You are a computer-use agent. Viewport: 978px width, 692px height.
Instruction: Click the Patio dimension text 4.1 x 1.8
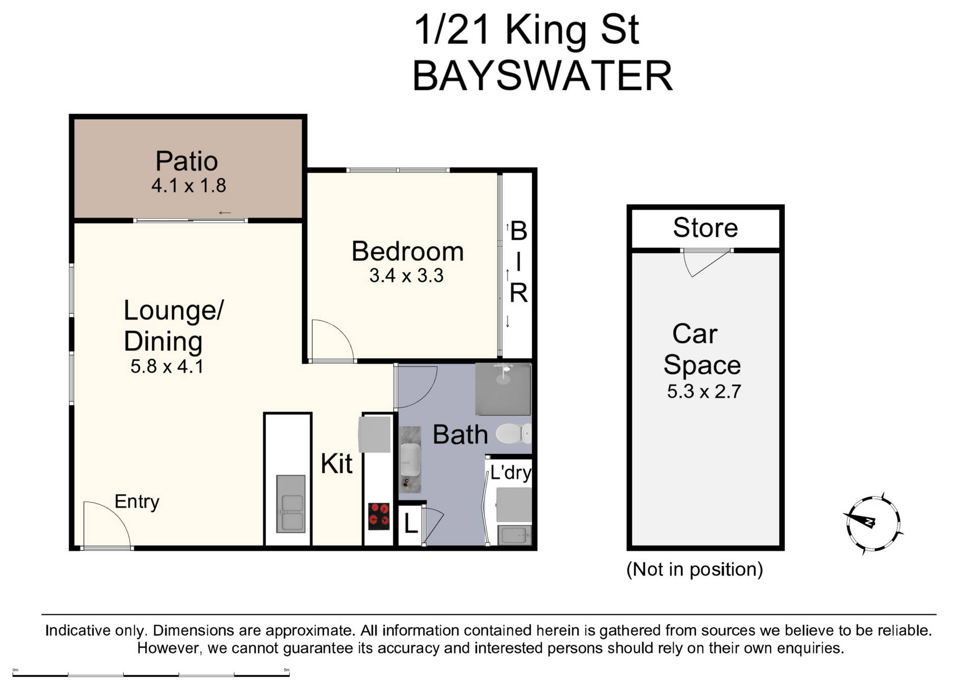pyautogui.click(x=188, y=185)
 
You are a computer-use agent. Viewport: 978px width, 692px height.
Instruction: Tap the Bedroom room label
pyautogui.click(x=407, y=251)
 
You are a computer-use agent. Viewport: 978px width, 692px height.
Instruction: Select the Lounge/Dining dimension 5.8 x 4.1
pyautogui.click(x=167, y=366)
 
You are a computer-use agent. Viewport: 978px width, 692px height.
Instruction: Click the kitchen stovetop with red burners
pyautogui.click(x=378, y=516)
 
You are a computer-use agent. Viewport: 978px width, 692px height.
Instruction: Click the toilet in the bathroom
pyautogui.click(x=513, y=434)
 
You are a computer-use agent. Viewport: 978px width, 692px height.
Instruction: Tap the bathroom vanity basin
pyautogui.click(x=410, y=459)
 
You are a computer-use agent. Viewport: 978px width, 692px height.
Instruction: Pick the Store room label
pyautogui.click(x=705, y=227)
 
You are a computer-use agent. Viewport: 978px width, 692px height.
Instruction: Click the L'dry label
pyautogui.click(x=510, y=472)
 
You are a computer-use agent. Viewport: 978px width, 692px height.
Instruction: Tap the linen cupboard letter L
pyautogui.click(x=411, y=524)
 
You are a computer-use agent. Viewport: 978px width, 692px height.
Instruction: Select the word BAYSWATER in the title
pyautogui.click(x=542, y=76)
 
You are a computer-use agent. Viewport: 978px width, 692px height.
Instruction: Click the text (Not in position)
pyautogui.click(x=694, y=569)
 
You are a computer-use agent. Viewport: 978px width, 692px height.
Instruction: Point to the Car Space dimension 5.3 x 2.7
pyautogui.click(x=704, y=391)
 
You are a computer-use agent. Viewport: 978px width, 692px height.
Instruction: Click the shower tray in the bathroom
pyautogui.click(x=503, y=389)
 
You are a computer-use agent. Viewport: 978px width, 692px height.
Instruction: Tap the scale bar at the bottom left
pyautogui.click(x=151, y=675)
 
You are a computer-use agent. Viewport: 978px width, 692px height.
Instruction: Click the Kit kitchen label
pyautogui.click(x=336, y=463)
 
